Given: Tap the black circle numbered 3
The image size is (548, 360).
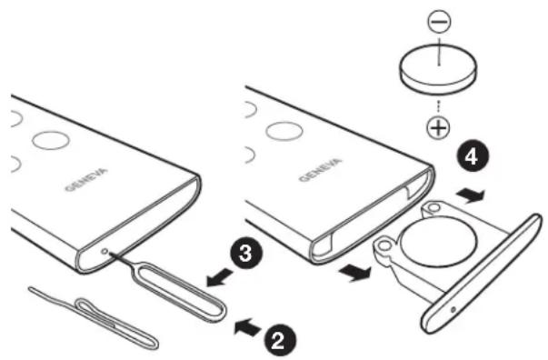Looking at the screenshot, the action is click(245, 253).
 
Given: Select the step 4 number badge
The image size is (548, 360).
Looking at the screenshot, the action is click(473, 157).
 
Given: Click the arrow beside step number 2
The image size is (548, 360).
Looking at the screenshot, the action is click(248, 326).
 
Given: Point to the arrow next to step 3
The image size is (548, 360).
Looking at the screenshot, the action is click(220, 276).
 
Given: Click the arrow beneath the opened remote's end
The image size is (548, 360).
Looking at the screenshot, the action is click(354, 272).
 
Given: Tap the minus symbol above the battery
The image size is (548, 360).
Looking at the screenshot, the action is click(439, 21).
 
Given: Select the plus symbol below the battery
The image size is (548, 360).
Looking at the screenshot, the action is click(439, 127).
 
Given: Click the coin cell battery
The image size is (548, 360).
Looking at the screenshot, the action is click(439, 69).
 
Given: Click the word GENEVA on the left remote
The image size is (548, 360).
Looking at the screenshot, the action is click(86, 180).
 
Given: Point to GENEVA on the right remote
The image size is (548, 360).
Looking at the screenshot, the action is click(320, 170).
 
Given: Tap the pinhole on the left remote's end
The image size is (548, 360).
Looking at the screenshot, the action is click(105, 251).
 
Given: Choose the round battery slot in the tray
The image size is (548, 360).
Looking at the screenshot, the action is click(438, 241).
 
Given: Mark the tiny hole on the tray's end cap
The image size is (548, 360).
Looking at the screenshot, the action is click(453, 309).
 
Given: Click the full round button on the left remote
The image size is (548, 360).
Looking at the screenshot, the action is click(51, 140).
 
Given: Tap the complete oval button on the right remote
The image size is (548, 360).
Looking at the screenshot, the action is click(284, 132).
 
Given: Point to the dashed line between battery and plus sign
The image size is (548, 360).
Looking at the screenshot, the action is click(439, 106).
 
